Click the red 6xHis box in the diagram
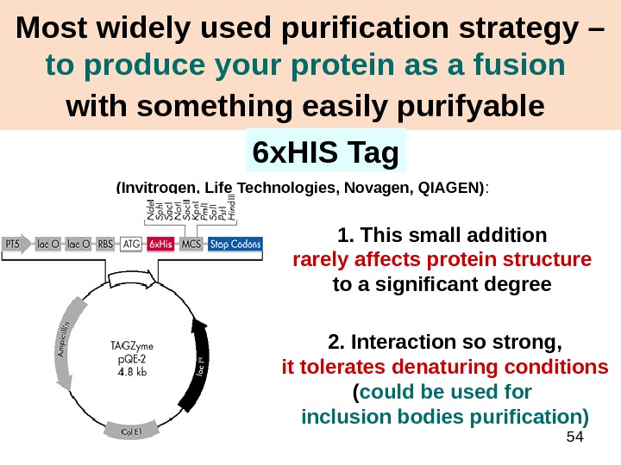[160, 245]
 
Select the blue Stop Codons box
[235, 245]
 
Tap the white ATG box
[132, 245]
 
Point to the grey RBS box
[103, 245]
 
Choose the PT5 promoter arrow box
[19, 245]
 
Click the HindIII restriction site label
[230, 210]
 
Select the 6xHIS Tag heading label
[325, 153]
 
